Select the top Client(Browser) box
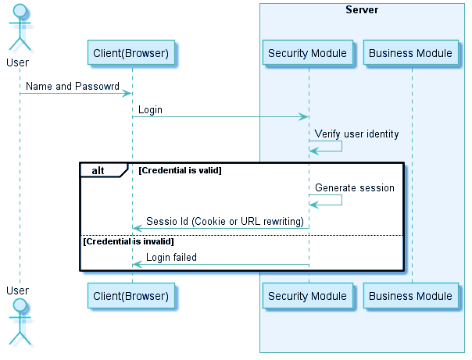point(131,53)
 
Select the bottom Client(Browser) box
point(131,296)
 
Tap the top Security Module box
point(307,53)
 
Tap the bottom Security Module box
point(307,296)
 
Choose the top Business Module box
point(410,53)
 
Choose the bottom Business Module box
point(410,296)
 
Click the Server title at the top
point(362,10)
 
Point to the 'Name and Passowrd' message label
point(70,87)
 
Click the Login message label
point(151,110)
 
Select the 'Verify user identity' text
point(356,134)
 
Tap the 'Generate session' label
point(354,188)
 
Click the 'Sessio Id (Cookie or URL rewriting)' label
point(224,222)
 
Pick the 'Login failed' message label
point(171,257)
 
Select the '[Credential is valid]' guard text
point(180,170)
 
